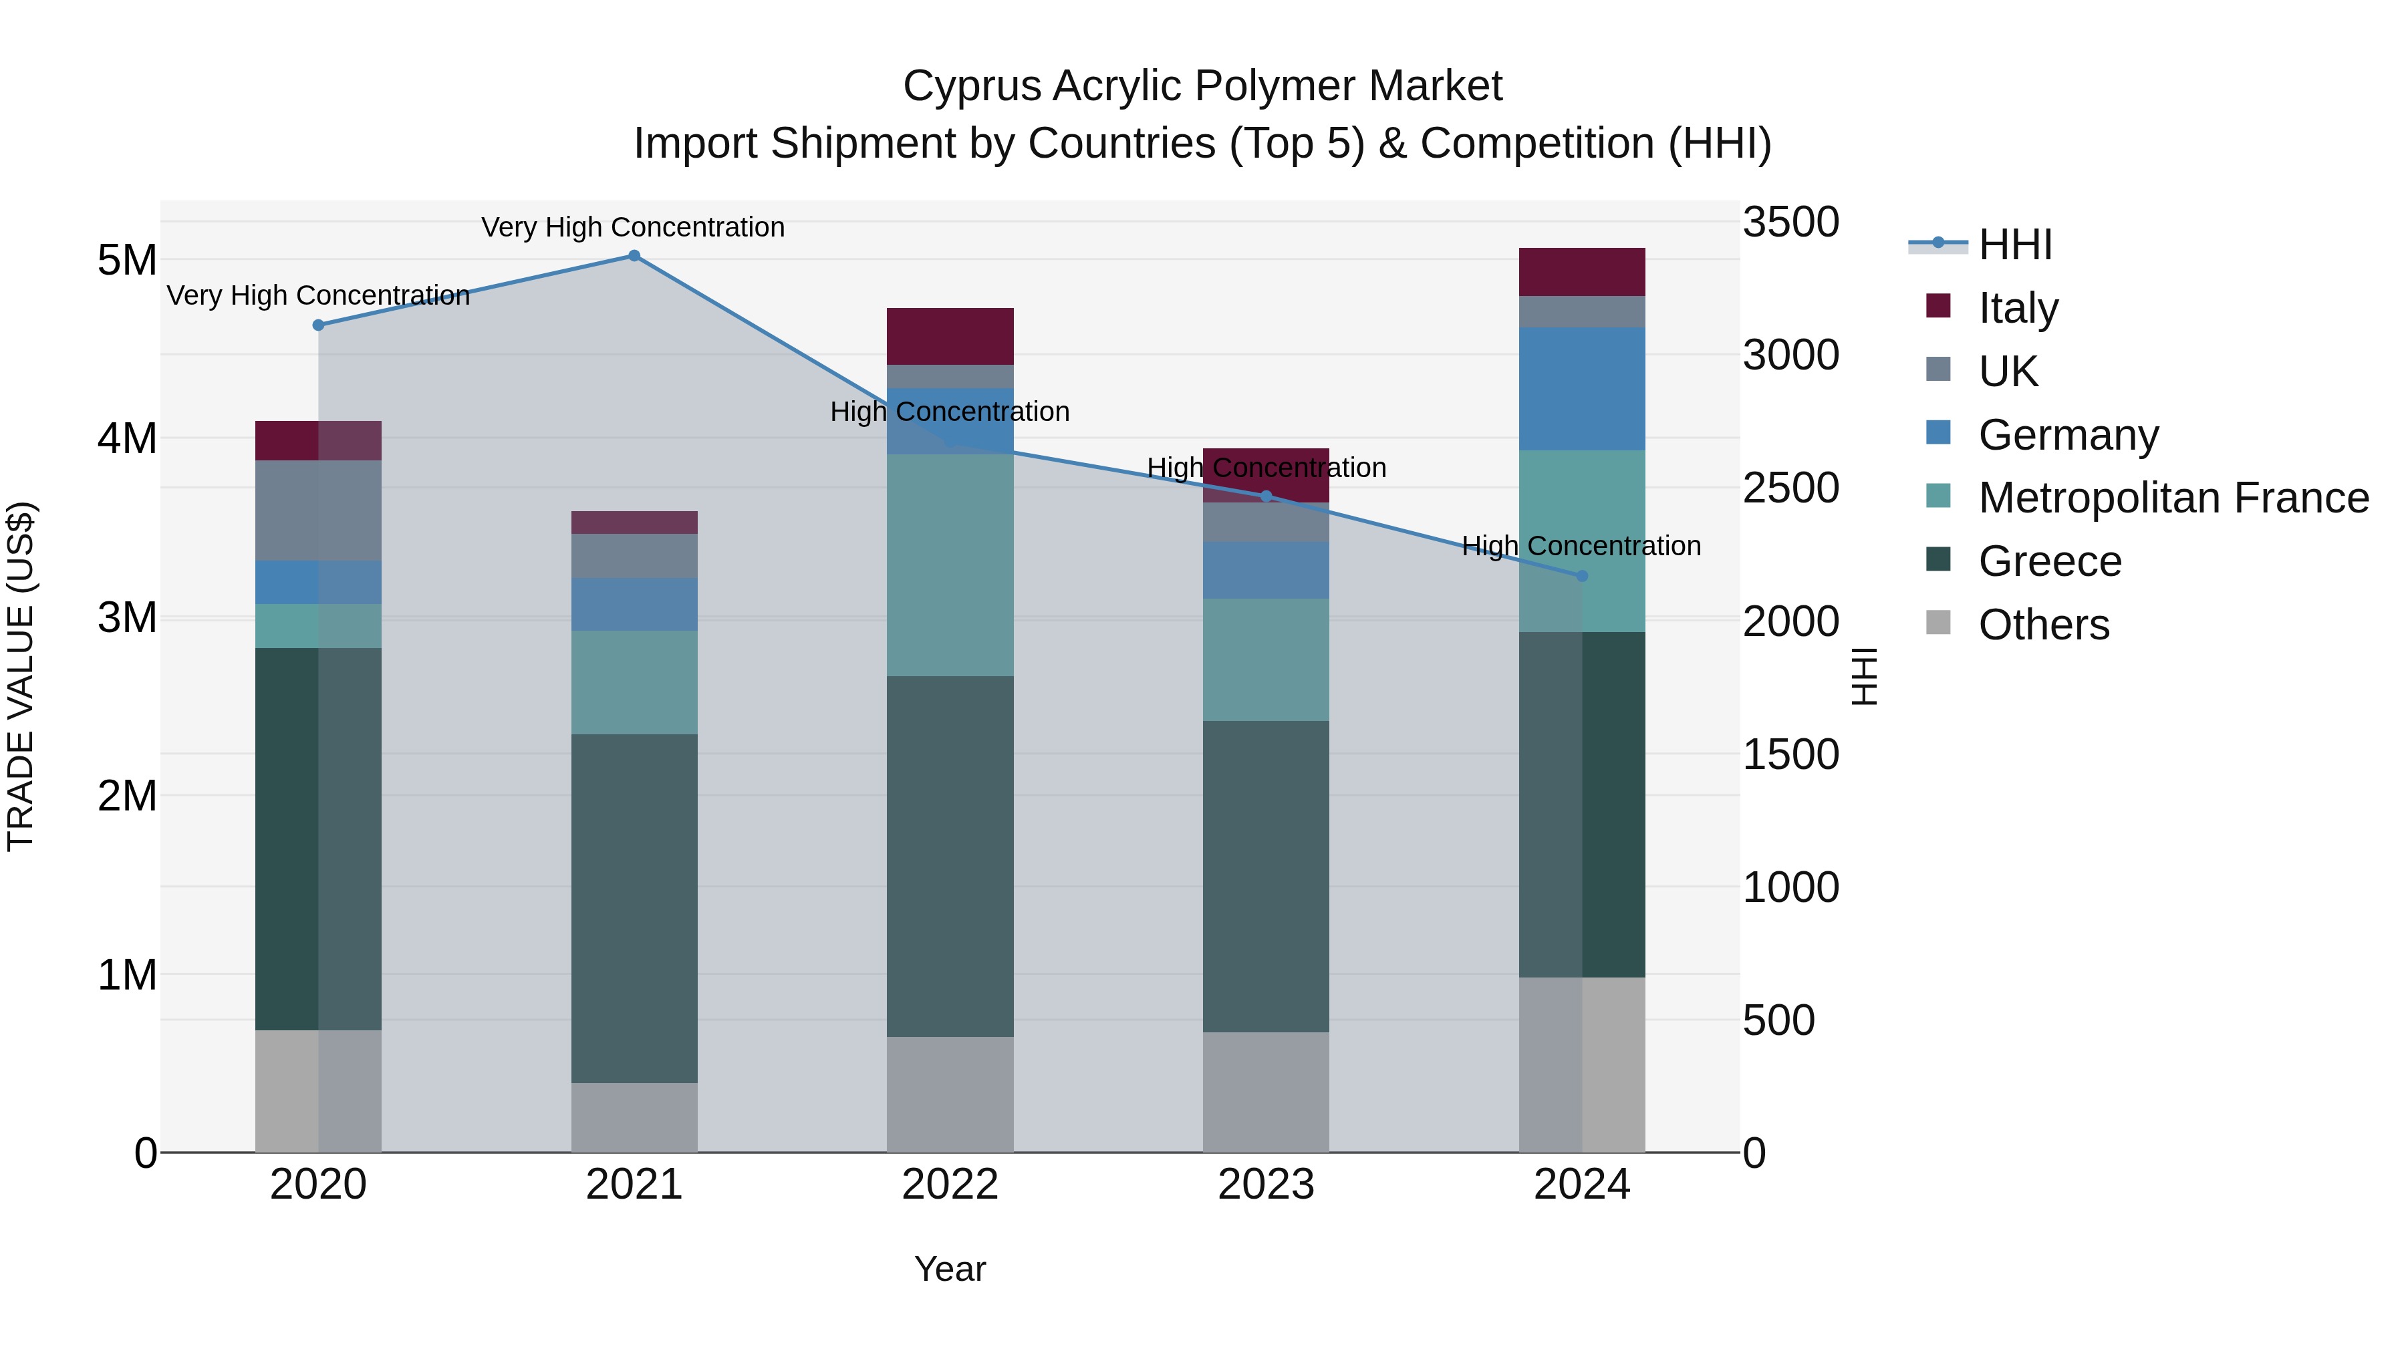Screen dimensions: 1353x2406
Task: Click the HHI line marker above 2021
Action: click(634, 256)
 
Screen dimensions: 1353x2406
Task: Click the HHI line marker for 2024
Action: click(1582, 576)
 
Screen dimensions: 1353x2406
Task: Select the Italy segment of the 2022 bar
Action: click(950, 336)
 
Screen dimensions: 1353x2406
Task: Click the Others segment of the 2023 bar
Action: click(1266, 1092)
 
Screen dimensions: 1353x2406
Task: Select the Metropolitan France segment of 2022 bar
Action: click(950, 565)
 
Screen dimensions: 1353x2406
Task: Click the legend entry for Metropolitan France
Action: click(2173, 498)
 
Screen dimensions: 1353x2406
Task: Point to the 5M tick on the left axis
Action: click(127, 260)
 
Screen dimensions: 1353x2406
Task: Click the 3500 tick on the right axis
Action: click(1790, 222)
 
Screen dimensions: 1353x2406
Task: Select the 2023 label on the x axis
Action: click(1266, 1185)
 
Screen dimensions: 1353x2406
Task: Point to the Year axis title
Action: click(950, 1269)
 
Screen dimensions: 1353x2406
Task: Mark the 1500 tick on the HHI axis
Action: click(1790, 754)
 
